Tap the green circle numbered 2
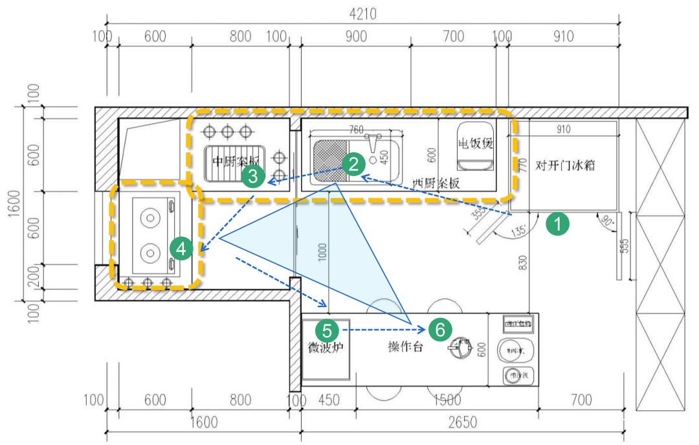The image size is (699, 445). click(353, 163)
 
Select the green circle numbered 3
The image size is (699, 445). click(253, 176)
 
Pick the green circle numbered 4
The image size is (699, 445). click(182, 248)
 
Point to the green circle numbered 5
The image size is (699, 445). click(327, 330)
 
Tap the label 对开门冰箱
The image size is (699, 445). click(565, 165)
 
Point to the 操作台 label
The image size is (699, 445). click(405, 347)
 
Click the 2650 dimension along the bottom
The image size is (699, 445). click(462, 423)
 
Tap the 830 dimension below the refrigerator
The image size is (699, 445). click(522, 262)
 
